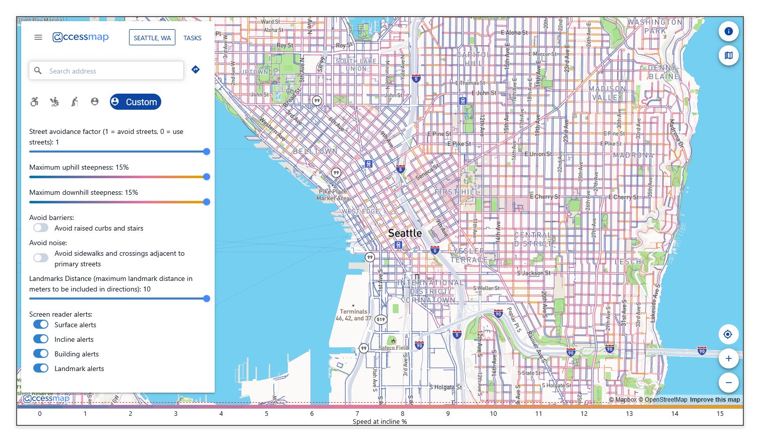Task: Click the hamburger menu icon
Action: pyautogui.click(x=38, y=37)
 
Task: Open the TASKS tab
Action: pyautogui.click(x=192, y=38)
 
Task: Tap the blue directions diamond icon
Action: pyautogui.click(x=196, y=69)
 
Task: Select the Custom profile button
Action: pyautogui.click(x=136, y=102)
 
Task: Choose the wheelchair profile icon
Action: pyautogui.click(x=34, y=102)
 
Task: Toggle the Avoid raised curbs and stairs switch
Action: pyautogui.click(x=41, y=228)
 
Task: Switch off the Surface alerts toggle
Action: pyautogui.click(x=41, y=325)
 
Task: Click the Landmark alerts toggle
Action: pyautogui.click(x=41, y=369)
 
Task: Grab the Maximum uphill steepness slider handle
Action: pyautogui.click(x=207, y=177)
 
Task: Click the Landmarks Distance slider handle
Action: pyautogui.click(x=207, y=299)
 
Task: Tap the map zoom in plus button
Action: pyautogui.click(x=728, y=358)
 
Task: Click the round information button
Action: pyautogui.click(x=728, y=31)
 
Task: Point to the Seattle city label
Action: pyautogui.click(x=405, y=233)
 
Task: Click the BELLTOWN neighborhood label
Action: pyautogui.click(x=315, y=151)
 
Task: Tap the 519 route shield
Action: pyautogui.click(x=381, y=319)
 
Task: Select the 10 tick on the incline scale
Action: pyautogui.click(x=493, y=414)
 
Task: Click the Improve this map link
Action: pyautogui.click(x=715, y=400)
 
